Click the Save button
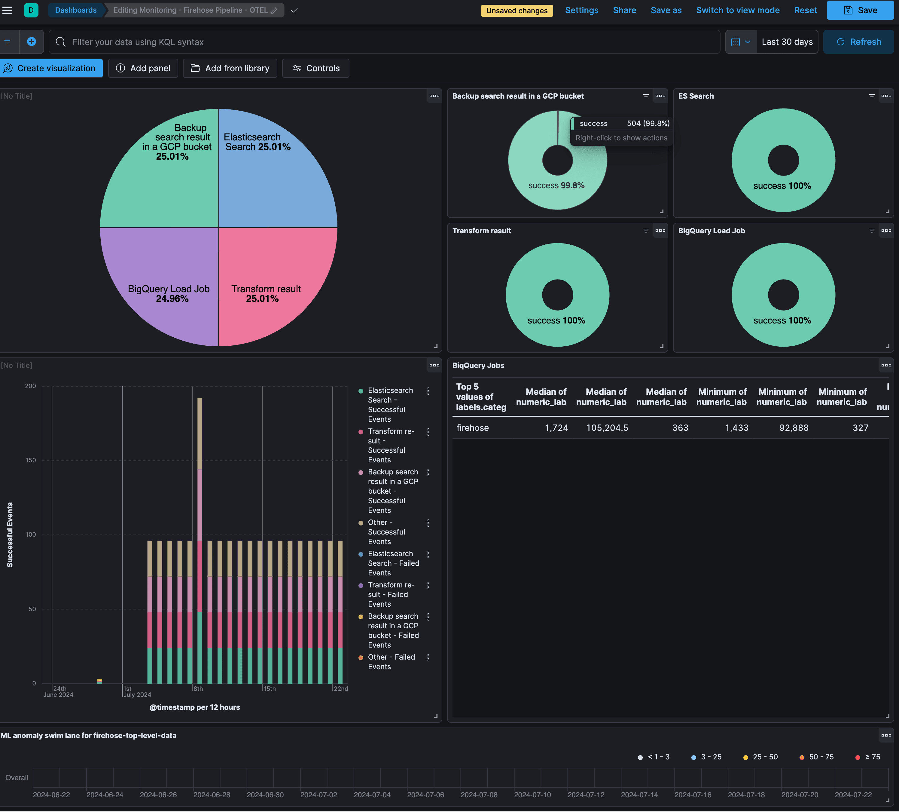click(860, 10)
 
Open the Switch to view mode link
click(738, 10)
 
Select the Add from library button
click(230, 68)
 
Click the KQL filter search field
click(383, 42)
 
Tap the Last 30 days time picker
click(787, 42)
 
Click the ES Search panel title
click(696, 96)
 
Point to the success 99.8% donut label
click(556, 185)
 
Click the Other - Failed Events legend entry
click(391, 662)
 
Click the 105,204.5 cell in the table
click(607, 428)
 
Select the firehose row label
click(472, 428)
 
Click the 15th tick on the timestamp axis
click(269, 688)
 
